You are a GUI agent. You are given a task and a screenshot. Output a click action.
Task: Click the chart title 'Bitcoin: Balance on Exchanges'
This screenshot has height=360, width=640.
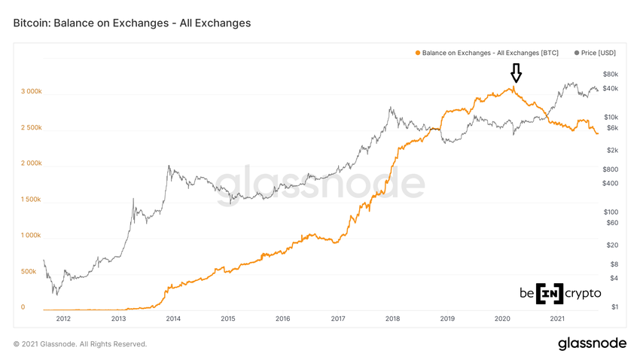click(132, 23)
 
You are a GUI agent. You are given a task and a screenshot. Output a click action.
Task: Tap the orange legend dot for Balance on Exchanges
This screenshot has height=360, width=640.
click(417, 53)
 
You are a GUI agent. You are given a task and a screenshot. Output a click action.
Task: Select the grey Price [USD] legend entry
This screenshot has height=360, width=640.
click(595, 53)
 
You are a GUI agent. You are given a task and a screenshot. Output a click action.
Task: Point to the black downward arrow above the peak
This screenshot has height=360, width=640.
click(516, 73)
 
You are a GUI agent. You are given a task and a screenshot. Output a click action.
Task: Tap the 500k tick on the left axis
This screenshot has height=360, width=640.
click(28, 271)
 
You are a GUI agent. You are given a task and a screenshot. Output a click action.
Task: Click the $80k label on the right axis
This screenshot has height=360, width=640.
click(610, 74)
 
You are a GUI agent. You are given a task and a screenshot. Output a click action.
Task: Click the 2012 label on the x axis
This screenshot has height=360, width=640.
click(63, 319)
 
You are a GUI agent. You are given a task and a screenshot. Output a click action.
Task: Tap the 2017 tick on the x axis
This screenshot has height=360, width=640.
click(338, 319)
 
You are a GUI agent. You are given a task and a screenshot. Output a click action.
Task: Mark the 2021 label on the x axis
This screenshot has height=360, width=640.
click(558, 319)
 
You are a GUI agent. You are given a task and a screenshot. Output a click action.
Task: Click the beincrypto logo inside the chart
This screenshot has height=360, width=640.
click(559, 293)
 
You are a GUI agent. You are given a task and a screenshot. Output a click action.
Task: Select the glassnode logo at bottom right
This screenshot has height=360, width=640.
click(592, 344)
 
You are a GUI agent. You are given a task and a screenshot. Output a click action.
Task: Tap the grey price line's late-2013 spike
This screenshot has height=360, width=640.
click(169, 166)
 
